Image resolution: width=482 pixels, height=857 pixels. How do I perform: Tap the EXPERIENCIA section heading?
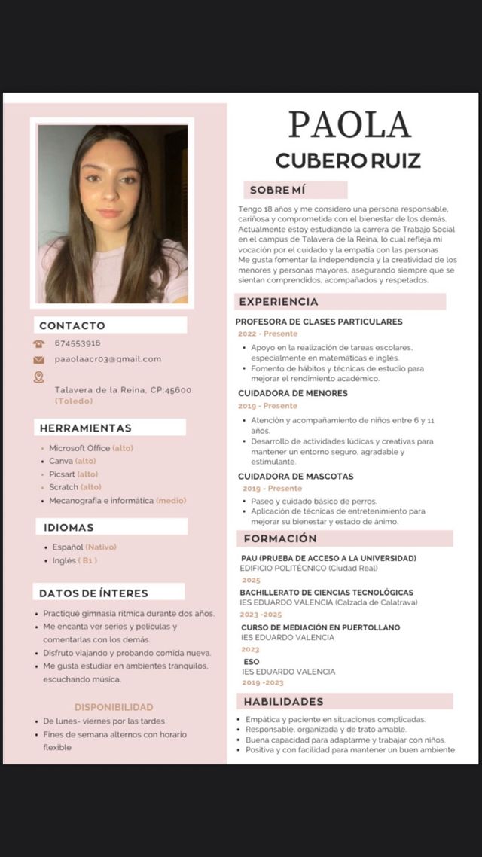(278, 302)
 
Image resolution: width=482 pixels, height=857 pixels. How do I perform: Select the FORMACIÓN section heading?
(280, 538)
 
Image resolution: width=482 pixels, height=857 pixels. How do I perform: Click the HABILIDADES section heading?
(283, 701)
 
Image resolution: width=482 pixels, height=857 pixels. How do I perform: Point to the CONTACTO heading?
(72, 325)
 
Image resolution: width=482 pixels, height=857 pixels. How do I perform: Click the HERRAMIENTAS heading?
(85, 428)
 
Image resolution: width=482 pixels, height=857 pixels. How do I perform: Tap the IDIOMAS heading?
(69, 527)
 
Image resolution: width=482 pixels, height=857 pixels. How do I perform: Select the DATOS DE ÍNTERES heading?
(93, 593)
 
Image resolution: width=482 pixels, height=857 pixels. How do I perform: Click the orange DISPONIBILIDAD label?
(114, 707)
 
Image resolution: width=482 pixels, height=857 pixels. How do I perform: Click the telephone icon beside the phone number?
(39, 343)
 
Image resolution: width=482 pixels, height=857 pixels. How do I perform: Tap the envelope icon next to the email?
(39, 360)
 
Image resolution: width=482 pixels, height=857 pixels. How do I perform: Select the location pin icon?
(39, 377)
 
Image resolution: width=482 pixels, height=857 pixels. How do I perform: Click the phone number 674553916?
(78, 343)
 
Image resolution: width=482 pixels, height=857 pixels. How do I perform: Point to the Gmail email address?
(108, 359)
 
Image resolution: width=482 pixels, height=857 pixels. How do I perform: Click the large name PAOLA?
(349, 125)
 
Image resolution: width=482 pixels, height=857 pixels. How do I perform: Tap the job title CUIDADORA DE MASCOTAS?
(296, 476)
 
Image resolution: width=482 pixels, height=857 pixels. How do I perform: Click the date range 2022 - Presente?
(268, 334)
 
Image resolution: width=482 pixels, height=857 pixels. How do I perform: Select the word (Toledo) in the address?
(75, 401)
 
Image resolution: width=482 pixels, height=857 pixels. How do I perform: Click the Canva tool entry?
(61, 461)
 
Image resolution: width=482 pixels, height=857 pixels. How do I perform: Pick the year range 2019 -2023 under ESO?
(263, 682)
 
